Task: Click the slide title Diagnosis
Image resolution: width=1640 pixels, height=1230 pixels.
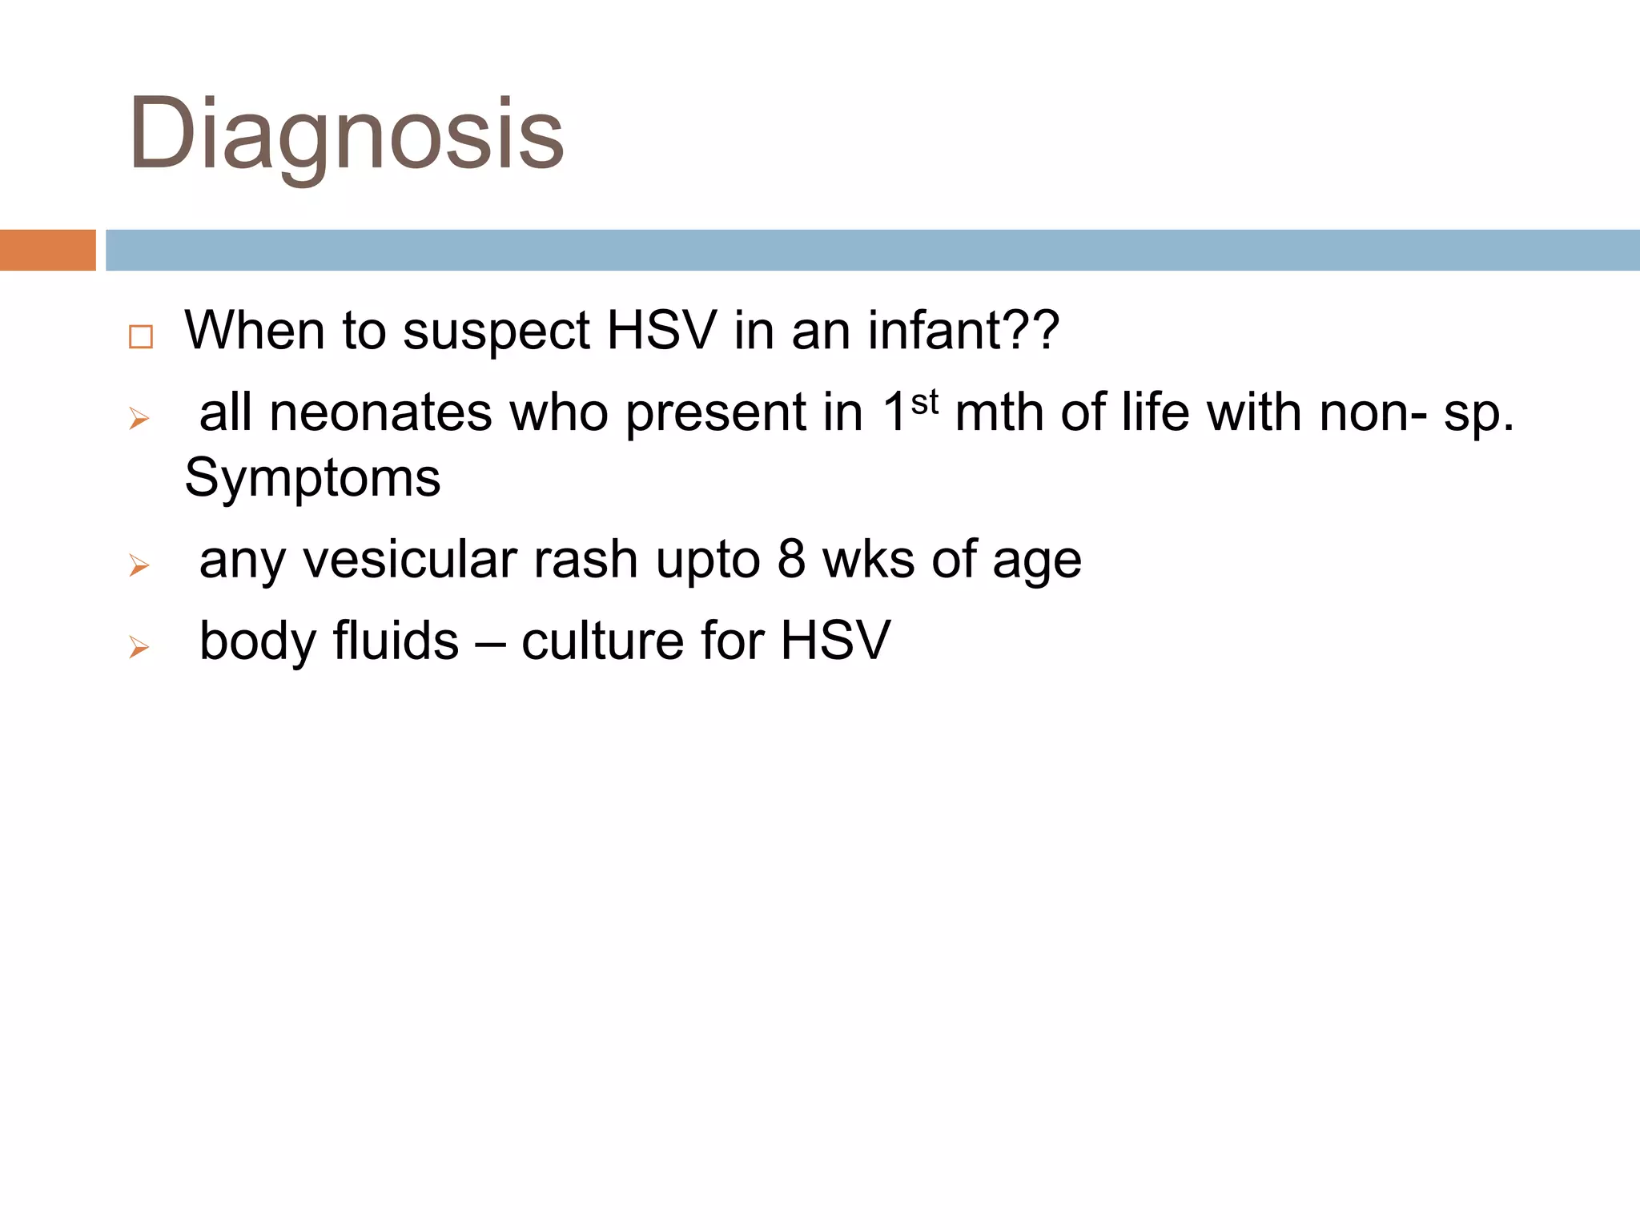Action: [x=346, y=135]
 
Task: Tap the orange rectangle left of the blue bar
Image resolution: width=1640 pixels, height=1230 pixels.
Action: [x=47, y=250]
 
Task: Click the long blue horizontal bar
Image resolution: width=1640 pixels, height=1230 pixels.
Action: [x=871, y=250]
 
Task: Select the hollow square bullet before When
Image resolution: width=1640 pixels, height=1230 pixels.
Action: [x=141, y=336]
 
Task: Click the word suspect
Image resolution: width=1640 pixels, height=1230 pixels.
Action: [x=496, y=332]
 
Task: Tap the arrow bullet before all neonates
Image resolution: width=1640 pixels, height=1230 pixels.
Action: [x=139, y=419]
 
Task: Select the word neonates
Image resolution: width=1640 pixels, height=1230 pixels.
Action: [x=380, y=413]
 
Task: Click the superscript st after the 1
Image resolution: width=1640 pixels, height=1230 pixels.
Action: [x=925, y=402]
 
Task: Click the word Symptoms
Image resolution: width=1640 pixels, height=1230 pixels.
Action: [x=312, y=478]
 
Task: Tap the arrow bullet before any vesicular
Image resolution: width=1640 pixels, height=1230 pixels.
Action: [x=139, y=566]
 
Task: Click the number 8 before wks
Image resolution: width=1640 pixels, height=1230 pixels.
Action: [x=791, y=560]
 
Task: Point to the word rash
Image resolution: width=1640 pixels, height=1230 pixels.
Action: [x=585, y=560]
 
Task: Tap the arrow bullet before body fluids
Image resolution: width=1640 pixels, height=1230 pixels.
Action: [x=139, y=647]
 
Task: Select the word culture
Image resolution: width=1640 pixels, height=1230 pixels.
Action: [x=602, y=641]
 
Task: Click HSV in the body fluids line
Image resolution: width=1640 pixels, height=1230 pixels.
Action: [x=834, y=641]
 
